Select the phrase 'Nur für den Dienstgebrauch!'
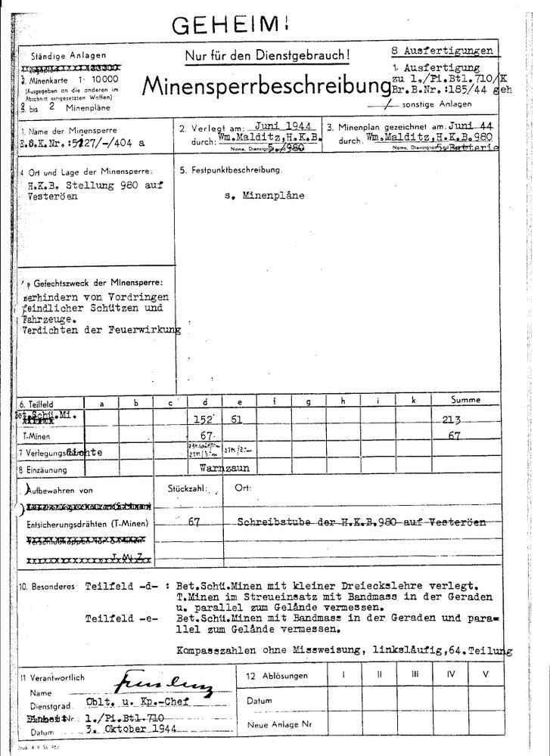(x=268, y=55)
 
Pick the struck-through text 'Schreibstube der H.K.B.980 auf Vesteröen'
(x=361, y=522)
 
